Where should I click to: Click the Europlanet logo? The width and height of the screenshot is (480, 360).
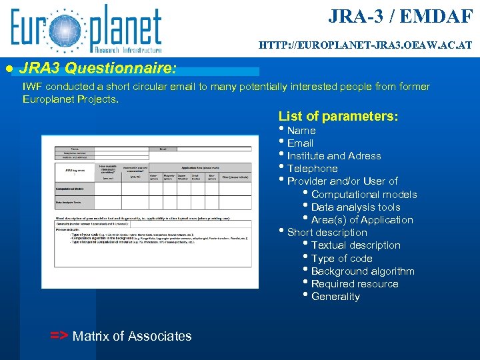[x=85, y=29]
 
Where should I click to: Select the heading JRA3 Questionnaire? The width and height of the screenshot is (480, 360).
[x=99, y=68]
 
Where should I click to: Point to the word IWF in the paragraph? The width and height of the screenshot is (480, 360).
[x=32, y=87]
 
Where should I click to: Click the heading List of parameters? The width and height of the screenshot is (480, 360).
[x=339, y=117]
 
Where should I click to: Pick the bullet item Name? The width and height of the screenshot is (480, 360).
[x=301, y=131]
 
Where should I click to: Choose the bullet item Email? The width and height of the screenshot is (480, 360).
[x=300, y=143]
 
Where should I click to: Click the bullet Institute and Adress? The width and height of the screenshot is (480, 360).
[x=334, y=156]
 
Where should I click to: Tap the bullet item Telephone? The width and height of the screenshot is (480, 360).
[x=312, y=169]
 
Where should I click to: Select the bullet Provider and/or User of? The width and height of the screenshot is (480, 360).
[x=342, y=181]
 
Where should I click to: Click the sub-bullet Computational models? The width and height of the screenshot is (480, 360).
[x=364, y=195]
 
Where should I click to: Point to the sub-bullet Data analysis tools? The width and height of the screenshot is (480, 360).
[x=356, y=207]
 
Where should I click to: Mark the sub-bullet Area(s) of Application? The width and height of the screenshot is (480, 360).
[x=362, y=220]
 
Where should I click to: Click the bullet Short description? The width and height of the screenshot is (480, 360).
[x=327, y=233]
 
